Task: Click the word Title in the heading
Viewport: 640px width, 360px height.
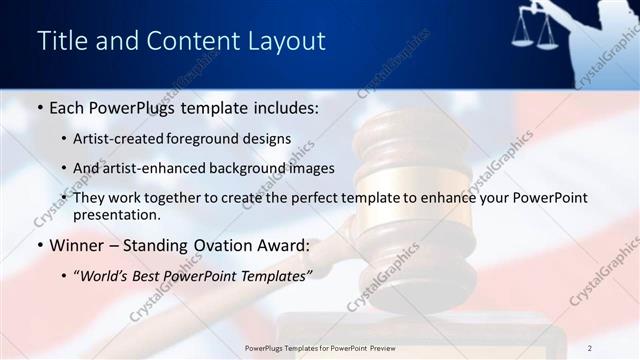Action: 60,41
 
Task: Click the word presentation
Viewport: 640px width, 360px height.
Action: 116,214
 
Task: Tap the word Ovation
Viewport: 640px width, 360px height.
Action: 225,245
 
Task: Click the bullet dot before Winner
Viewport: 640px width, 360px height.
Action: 39,245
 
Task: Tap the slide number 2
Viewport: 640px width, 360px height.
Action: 590,348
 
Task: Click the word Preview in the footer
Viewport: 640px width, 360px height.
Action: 379,348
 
